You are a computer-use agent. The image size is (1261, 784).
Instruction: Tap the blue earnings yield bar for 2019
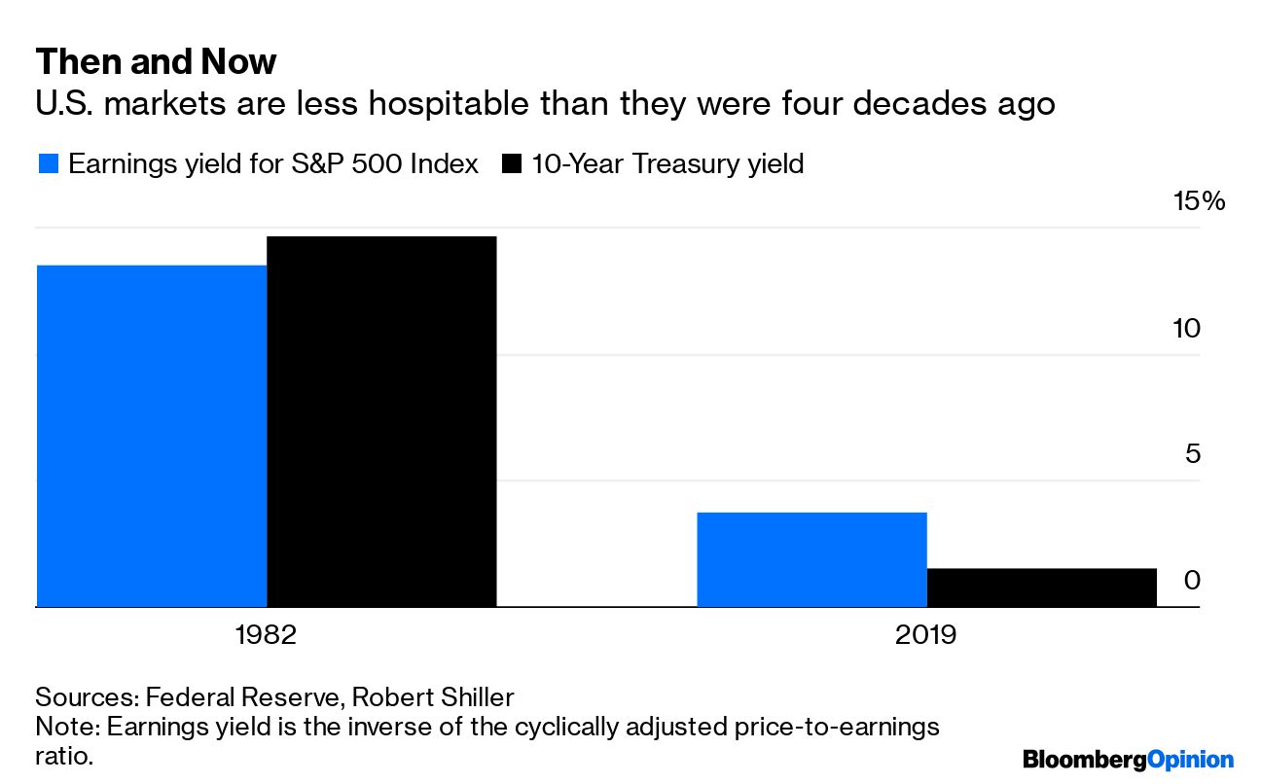(811, 559)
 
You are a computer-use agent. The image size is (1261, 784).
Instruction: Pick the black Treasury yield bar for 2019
(1041, 588)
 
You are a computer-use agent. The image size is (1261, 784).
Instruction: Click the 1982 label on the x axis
(266, 636)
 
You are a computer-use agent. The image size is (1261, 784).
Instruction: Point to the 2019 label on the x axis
(925, 636)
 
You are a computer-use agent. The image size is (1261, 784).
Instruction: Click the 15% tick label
(1198, 201)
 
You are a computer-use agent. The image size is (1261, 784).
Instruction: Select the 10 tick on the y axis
(1186, 328)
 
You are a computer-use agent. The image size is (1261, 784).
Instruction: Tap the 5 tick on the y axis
(1192, 454)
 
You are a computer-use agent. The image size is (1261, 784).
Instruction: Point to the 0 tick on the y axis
(1192, 580)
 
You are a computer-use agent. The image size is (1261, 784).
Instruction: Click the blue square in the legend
(47, 164)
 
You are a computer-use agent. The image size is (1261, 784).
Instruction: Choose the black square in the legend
(511, 164)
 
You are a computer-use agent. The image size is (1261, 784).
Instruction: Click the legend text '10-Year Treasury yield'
(667, 164)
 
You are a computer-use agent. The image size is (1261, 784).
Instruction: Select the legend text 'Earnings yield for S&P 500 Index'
(273, 164)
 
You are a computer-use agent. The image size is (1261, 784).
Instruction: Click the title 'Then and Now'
(156, 62)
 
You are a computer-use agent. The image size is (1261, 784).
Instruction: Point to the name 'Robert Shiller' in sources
(432, 697)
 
